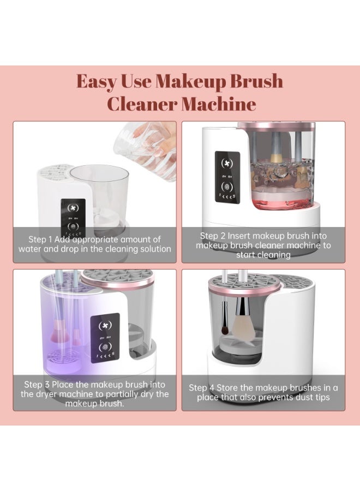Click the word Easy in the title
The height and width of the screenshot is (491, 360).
(95, 81)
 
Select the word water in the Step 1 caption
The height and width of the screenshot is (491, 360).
(31, 249)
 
